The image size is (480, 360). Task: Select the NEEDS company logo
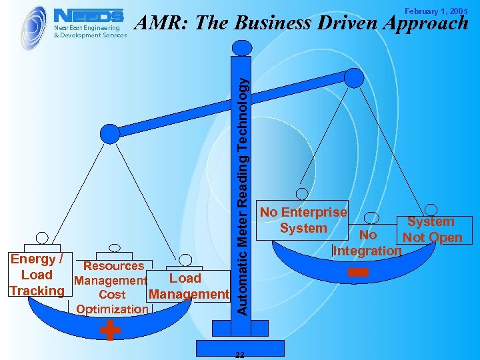pyautogui.click(x=88, y=15)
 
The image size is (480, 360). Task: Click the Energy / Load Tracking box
pyautogui.click(x=37, y=275)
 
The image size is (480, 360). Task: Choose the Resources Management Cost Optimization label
pyautogui.click(x=111, y=287)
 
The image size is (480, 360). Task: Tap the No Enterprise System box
pyautogui.click(x=303, y=221)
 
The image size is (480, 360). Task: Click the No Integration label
pyautogui.click(x=367, y=243)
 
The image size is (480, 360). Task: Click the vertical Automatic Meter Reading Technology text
pyautogui.click(x=244, y=193)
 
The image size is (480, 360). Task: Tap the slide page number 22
pyautogui.click(x=241, y=355)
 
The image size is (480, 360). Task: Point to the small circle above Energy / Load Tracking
pyautogui.click(x=42, y=237)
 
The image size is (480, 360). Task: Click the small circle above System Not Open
pyautogui.click(x=431, y=209)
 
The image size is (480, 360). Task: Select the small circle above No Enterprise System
pyautogui.click(x=302, y=193)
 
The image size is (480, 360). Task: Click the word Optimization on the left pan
pyautogui.click(x=112, y=309)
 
